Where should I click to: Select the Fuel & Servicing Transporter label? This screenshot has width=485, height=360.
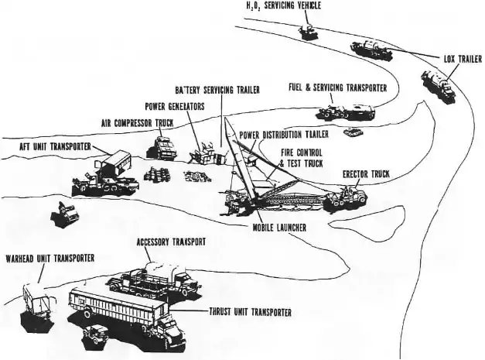(x=338, y=88)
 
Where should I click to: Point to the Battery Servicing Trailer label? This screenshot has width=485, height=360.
(x=217, y=91)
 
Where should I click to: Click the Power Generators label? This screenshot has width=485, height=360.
(x=175, y=106)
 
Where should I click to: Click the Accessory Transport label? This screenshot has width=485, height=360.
(x=171, y=242)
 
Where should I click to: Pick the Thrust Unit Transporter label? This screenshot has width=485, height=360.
(x=250, y=312)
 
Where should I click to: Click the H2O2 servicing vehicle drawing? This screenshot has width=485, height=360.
(x=307, y=32)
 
